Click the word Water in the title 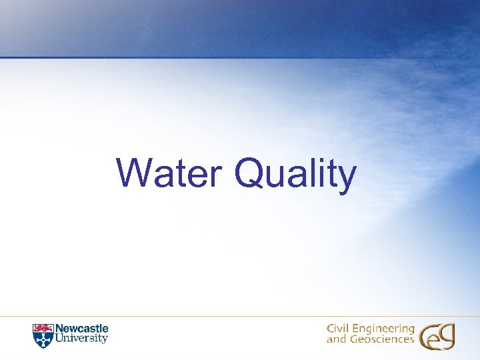point(171,174)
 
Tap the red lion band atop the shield point(42,327)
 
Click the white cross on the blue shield point(42,339)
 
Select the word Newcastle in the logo point(81,329)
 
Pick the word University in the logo point(81,339)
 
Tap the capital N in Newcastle point(58,329)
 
